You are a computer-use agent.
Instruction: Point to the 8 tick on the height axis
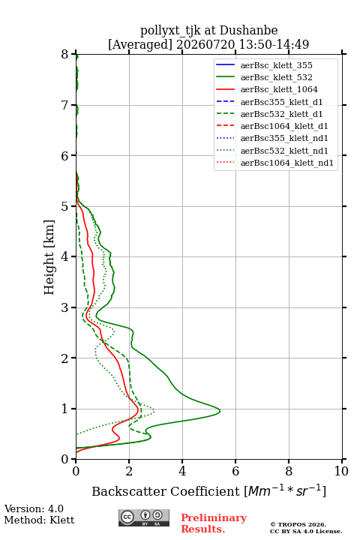[73, 54]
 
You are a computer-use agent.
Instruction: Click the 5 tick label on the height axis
[64, 207]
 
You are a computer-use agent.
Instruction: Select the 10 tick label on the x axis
[342, 471]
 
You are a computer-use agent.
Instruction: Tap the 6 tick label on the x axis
[235, 471]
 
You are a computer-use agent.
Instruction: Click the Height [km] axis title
[49, 257]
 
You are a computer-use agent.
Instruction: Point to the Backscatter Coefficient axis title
[208, 491]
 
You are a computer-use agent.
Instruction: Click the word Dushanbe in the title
[248, 31]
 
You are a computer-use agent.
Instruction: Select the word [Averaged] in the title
[140, 45]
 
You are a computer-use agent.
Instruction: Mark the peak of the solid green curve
[220, 411]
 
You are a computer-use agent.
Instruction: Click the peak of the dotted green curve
[154, 411]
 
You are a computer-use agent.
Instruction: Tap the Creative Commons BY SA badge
[144, 518]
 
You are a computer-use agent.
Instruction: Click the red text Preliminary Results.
[214, 523]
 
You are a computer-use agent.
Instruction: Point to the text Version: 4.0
[34, 509]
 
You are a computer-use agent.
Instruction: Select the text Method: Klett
[39, 520]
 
